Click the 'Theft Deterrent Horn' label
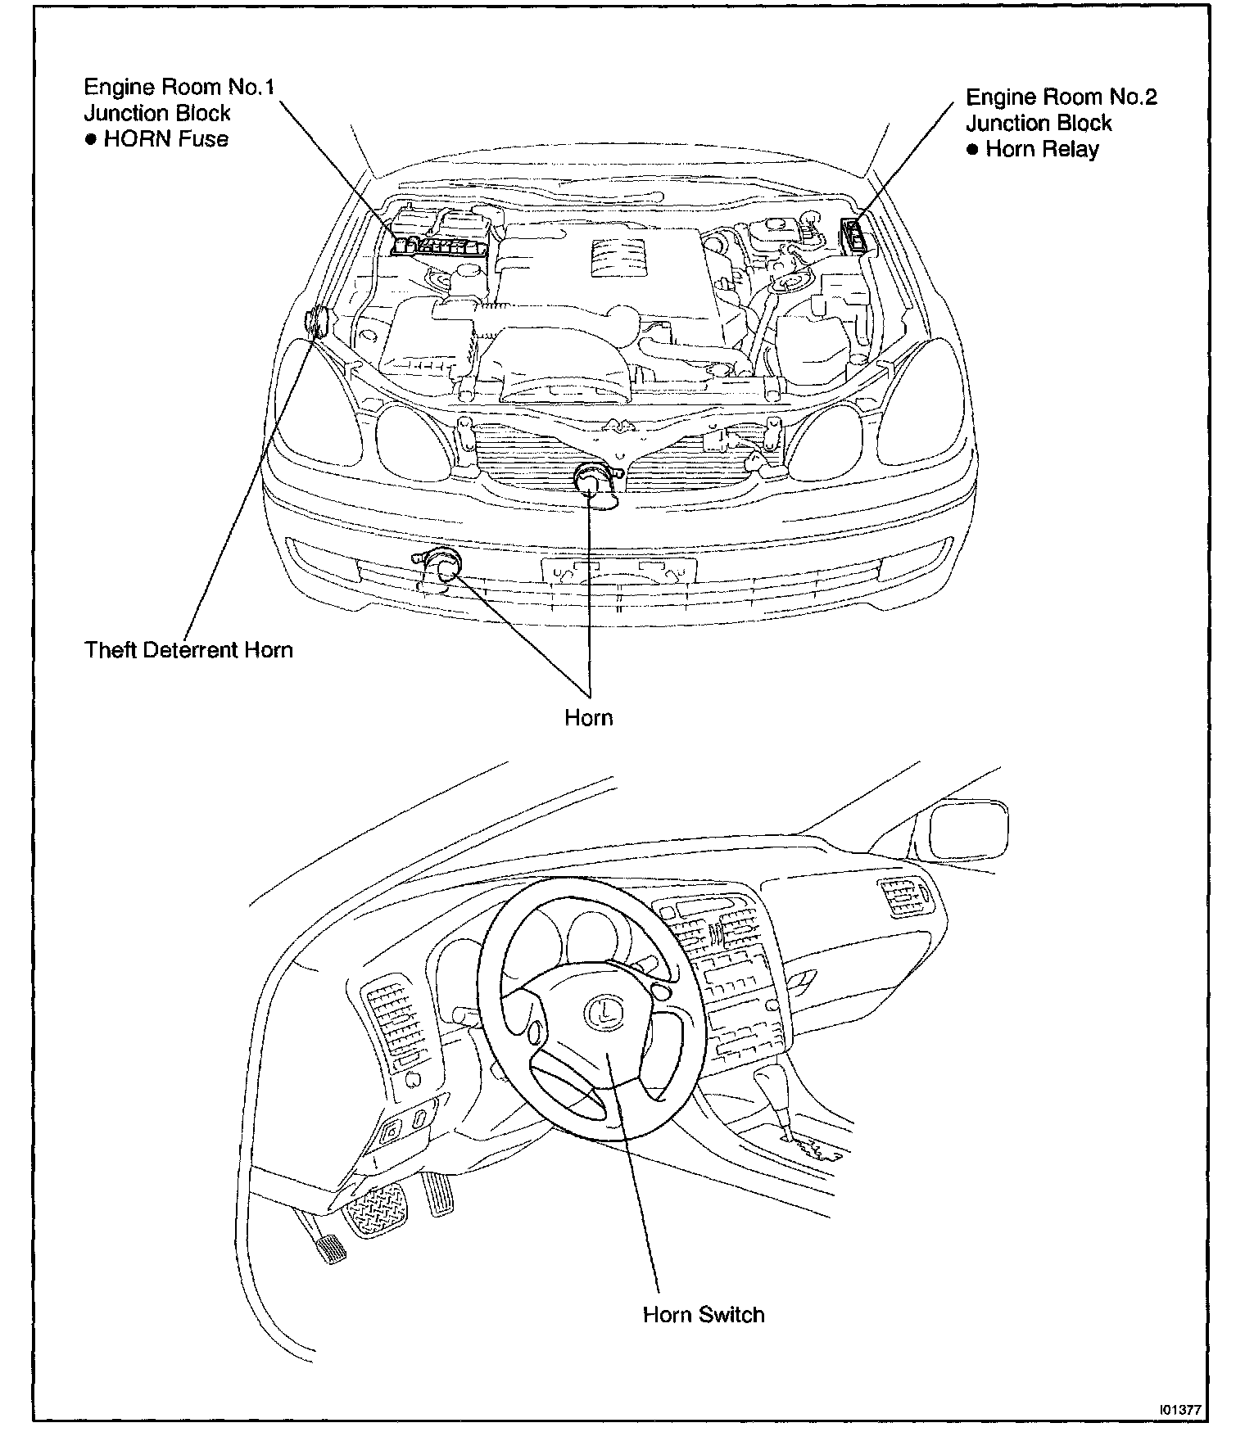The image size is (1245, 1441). (x=188, y=650)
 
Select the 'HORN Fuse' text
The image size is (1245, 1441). (x=166, y=139)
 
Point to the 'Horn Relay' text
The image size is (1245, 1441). (x=1042, y=149)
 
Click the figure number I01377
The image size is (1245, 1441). (x=1179, y=1410)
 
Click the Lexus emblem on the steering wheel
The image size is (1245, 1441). (x=603, y=1012)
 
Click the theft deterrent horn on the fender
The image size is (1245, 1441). (x=317, y=322)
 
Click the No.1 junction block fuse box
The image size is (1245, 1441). (x=440, y=243)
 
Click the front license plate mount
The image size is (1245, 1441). (x=618, y=569)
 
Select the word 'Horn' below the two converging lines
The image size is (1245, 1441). (x=588, y=717)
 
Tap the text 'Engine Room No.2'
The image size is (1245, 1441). (x=1062, y=97)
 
